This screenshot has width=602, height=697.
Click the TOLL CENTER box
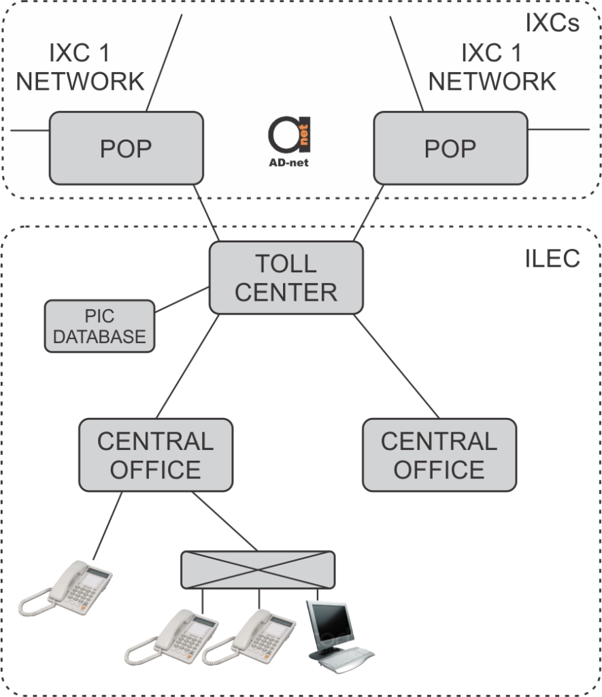[286, 278]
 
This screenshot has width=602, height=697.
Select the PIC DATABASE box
[99, 327]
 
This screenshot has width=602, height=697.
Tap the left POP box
[126, 148]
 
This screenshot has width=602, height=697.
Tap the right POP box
[450, 148]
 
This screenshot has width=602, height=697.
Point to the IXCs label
[552, 23]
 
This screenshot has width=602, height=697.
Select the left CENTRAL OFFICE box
[156, 455]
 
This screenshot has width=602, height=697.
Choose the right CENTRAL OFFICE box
[439, 455]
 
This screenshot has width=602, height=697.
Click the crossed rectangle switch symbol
[258, 570]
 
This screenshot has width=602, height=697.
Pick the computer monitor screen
[331, 623]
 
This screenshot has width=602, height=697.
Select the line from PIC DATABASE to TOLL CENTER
[182, 300]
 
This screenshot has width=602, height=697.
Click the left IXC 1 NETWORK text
[80, 67]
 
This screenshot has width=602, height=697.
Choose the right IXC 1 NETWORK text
[492, 67]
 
